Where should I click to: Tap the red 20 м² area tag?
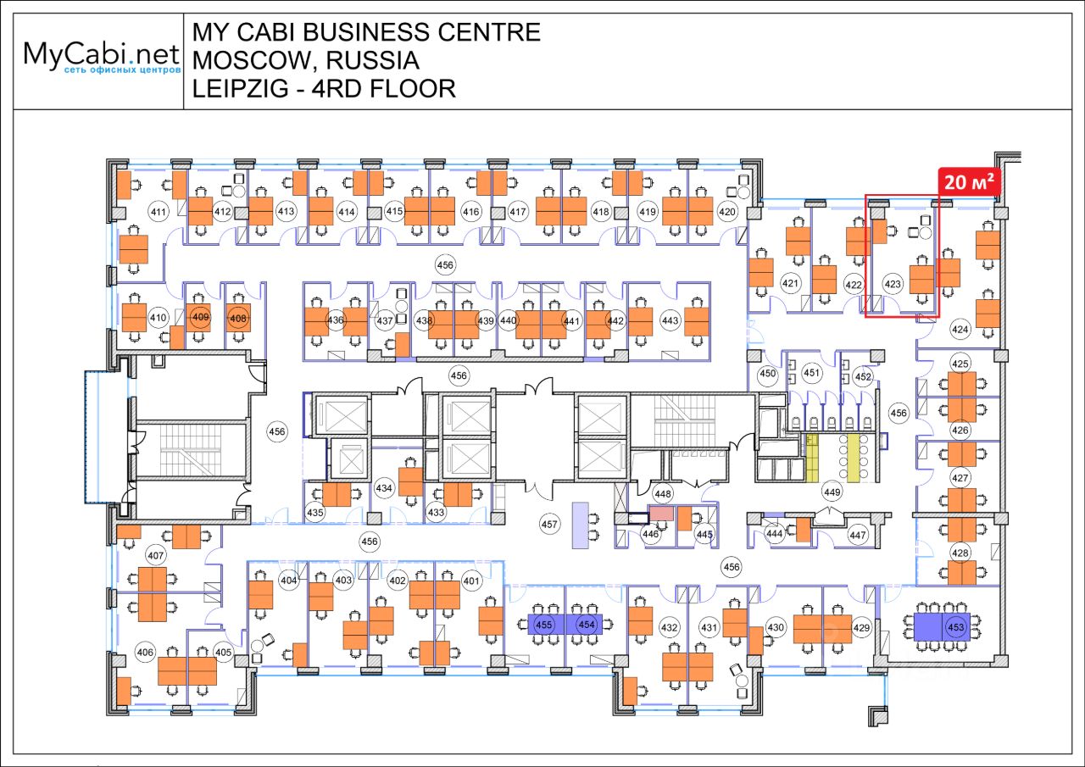(965, 182)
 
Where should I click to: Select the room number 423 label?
(893, 285)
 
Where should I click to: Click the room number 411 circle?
(157, 211)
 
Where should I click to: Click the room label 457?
(550, 525)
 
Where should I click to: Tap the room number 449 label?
(832, 492)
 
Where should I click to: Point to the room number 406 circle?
(146, 652)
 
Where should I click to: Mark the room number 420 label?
(726, 211)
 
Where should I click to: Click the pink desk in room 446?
(661, 513)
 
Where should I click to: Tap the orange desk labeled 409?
(201, 319)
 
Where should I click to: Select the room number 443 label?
(670, 320)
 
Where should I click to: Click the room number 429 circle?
(862, 627)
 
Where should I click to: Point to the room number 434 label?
(384, 488)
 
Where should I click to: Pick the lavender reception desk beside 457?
(581, 524)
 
